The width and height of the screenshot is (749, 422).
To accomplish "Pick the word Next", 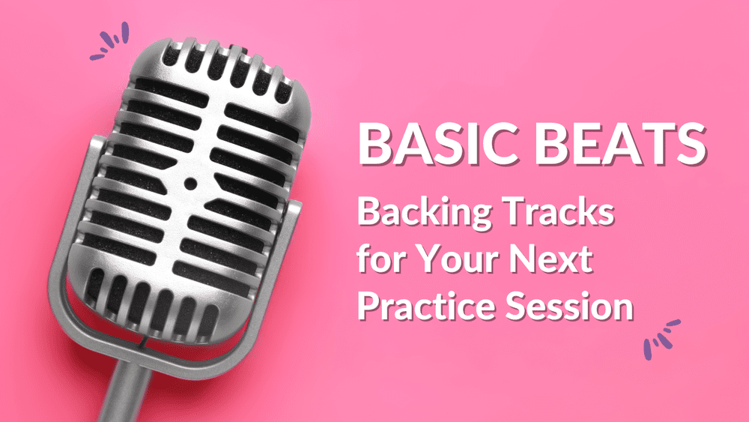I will pos(556,260).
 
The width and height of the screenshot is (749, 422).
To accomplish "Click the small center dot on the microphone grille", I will pos(189,183).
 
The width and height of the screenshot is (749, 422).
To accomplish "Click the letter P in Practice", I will pos(368,307).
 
